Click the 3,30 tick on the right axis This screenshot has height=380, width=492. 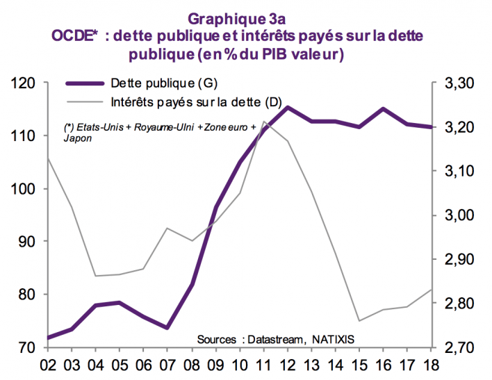coord(458,83)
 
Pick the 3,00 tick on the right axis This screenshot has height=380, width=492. coord(458,215)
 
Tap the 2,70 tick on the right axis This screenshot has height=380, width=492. coord(458,347)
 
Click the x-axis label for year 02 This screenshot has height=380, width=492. coord(49,364)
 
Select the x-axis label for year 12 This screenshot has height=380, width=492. coord(287,364)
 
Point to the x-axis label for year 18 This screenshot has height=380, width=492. coord(431,364)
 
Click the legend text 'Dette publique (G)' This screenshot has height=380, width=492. coord(164,84)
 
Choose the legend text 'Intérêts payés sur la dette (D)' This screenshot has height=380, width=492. coord(195,102)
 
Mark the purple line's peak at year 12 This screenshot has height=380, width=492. coord(288,107)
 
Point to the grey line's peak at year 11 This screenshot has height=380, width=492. coord(264,122)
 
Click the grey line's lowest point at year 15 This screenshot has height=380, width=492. coord(359,321)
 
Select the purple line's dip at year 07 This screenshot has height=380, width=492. coord(167,328)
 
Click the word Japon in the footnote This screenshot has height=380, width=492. coord(76,138)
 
